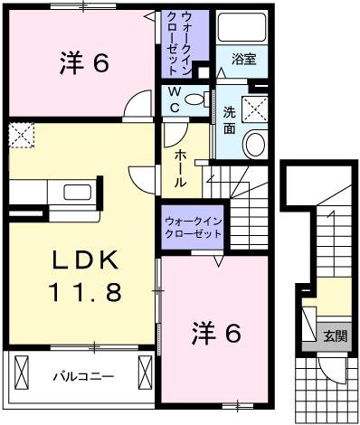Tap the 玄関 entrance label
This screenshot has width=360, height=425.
(335, 336)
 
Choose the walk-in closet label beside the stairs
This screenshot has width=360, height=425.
(193, 227)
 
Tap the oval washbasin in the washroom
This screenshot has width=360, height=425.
(255, 146)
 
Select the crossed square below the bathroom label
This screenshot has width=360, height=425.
(256, 109)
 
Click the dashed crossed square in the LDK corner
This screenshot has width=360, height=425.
(19, 137)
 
